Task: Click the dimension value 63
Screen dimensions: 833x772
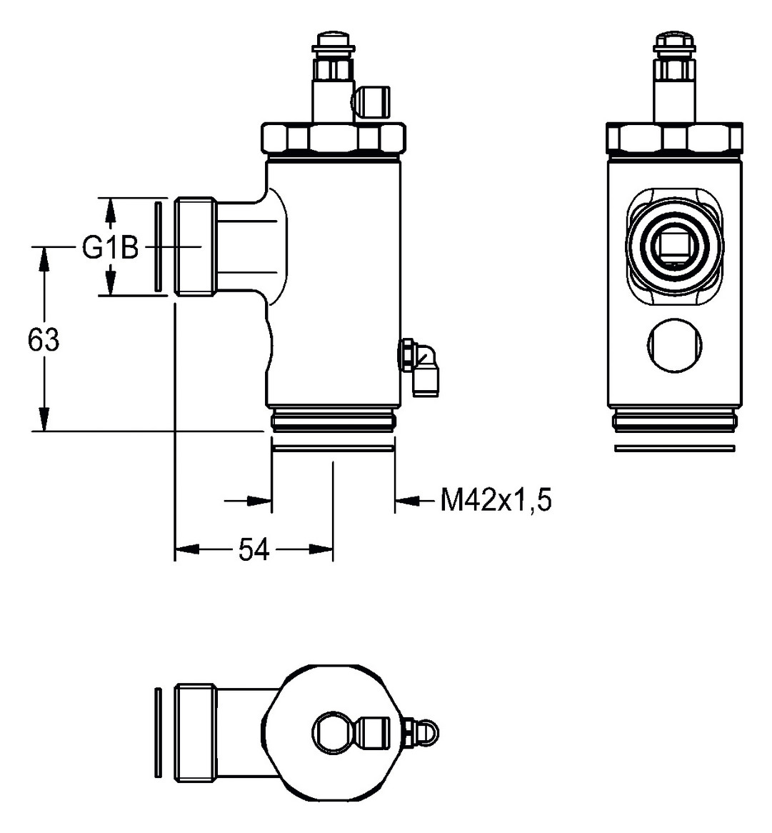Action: [44, 340]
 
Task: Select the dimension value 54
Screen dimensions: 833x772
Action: [253, 549]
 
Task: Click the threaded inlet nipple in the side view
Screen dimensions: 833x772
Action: [194, 246]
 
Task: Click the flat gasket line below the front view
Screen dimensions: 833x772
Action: [673, 449]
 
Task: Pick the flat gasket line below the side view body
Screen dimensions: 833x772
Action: [333, 449]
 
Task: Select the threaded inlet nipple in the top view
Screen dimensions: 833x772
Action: [194, 732]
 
